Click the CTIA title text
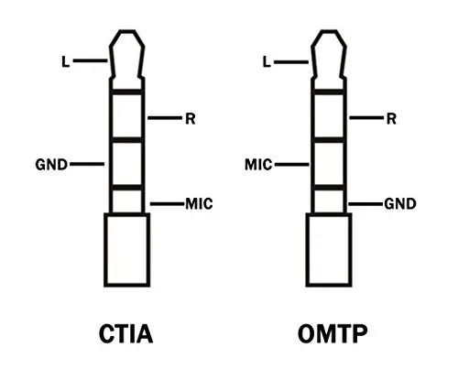click(125, 333)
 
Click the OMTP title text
click(333, 333)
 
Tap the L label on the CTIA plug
click(66, 61)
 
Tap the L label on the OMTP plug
click(267, 62)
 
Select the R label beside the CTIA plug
click(191, 119)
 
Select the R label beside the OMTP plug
click(391, 119)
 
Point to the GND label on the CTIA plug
click(51, 165)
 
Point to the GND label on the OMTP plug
click(400, 203)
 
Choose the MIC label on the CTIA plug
click(199, 203)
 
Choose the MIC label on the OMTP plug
click(258, 165)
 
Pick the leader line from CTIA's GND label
click(87, 164)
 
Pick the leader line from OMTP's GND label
click(365, 204)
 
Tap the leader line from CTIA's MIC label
click(168, 204)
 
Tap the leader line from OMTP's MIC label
click(292, 165)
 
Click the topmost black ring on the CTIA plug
click(126, 92)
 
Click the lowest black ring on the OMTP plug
click(329, 188)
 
